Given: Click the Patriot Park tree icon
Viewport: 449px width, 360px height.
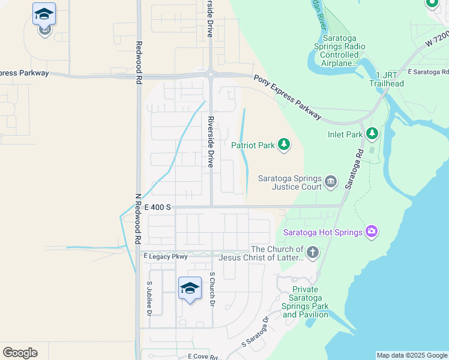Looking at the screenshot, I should [284, 145].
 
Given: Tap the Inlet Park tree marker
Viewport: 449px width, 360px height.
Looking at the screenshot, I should [372, 134].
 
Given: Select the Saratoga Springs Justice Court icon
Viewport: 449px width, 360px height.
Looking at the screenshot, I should [330, 181].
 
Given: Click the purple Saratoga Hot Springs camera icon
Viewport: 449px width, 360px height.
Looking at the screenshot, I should [372, 232].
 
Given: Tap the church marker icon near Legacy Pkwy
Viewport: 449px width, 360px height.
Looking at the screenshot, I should [312, 253].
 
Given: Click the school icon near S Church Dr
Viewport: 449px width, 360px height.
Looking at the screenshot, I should [190, 289].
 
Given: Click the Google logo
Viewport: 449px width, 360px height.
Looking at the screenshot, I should [20, 353].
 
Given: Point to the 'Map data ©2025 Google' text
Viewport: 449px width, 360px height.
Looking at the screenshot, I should [411, 355].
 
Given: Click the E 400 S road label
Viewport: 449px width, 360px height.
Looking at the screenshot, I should [158, 207].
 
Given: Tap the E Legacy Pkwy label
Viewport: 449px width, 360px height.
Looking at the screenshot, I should [166, 256].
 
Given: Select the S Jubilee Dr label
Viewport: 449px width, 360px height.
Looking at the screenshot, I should [149, 298].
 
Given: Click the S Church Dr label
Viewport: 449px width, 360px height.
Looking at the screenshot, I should [212, 289].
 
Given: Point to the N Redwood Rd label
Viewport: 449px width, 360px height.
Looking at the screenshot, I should [137, 218].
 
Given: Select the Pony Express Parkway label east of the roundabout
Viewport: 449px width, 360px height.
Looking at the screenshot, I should [288, 95].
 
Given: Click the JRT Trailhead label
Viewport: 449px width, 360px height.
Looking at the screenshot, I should [386, 79].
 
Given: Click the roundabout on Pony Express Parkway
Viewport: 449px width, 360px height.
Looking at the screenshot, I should [211, 74].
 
